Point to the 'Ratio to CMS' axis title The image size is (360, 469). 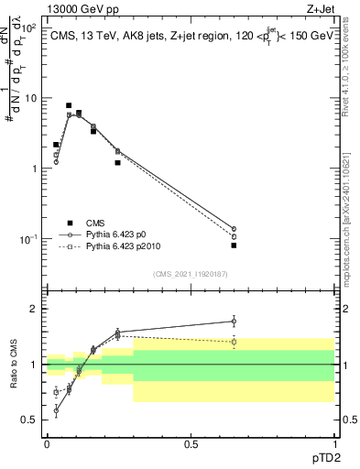(x=11, y=379)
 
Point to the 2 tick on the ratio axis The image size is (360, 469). (x=35, y=309)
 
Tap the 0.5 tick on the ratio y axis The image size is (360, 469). (x=30, y=420)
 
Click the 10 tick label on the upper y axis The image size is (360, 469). (x=30, y=98)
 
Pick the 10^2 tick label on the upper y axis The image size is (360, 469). (x=29, y=27)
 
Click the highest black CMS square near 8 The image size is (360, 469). (x=69, y=105)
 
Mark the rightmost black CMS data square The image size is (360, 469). (x=234, y=245)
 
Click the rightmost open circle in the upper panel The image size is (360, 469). (x=234, y=229)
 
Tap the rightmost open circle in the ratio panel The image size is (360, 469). (x=234, y=321)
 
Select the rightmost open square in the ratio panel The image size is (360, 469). (x=234, y=342)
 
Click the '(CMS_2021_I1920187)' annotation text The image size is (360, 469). (x=190, y=274)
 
